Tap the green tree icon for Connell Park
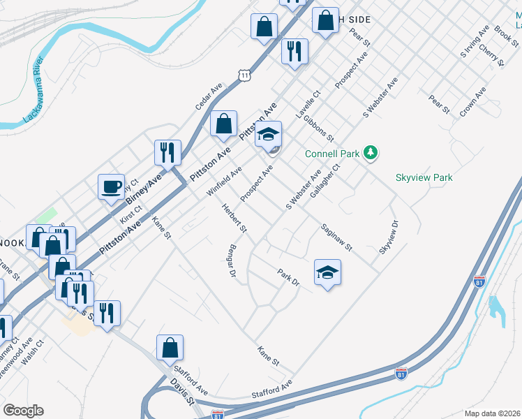click(372, 152)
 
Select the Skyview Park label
click(424, 177)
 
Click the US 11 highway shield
click(243, 75)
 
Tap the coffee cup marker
click(112, 187)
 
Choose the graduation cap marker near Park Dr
click(327, 272)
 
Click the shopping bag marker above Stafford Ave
click(170, 346)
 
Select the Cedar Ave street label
click(209, 96)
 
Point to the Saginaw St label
click(336, 237)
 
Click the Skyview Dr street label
click(389, 237)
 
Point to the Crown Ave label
click(472, 103)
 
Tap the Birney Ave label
click(144, 189)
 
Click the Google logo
click(23, 411)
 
